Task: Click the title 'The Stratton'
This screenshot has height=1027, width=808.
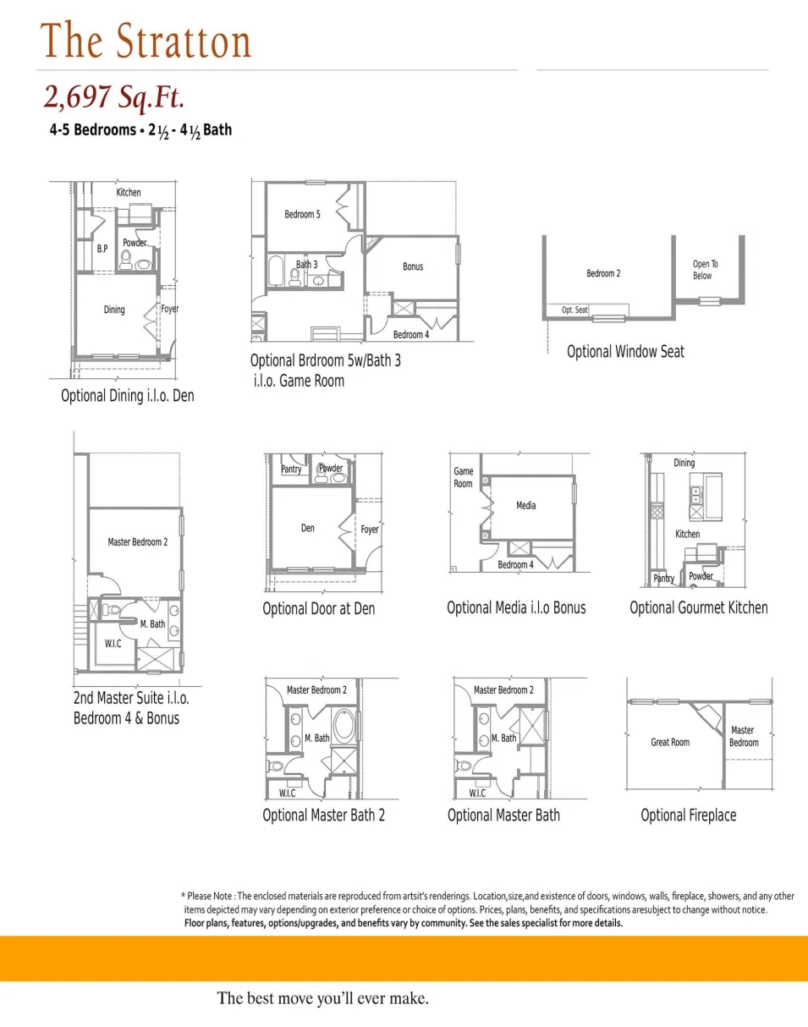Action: [146, 41]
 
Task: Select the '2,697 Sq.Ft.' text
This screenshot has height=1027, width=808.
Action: [114, 97]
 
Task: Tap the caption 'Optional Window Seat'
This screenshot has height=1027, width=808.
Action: [625, 351]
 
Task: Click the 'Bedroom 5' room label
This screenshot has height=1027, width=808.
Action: [302, 214]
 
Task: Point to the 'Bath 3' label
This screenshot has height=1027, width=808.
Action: [306, 265]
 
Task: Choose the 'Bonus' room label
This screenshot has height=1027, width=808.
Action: [413, 266]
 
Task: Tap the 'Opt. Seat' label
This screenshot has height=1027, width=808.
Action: [574, 310]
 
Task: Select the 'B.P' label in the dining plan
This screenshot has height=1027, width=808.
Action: [102, 249]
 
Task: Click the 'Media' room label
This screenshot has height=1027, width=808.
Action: [525, 506]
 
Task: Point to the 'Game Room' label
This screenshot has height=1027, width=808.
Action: [463, 477]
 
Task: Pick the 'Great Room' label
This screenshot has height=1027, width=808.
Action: [669, 742]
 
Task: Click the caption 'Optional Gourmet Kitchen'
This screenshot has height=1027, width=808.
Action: [698, 607]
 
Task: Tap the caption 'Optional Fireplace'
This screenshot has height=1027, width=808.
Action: [688, 816]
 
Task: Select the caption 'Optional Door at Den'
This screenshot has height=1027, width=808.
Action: [318, 608]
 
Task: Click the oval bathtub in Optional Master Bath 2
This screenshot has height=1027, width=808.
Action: [345, 727]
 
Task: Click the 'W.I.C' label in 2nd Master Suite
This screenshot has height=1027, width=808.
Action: [113, 643]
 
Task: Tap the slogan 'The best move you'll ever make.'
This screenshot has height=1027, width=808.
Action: [322, 998]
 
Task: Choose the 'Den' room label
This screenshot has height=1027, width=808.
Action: [307, 528]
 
